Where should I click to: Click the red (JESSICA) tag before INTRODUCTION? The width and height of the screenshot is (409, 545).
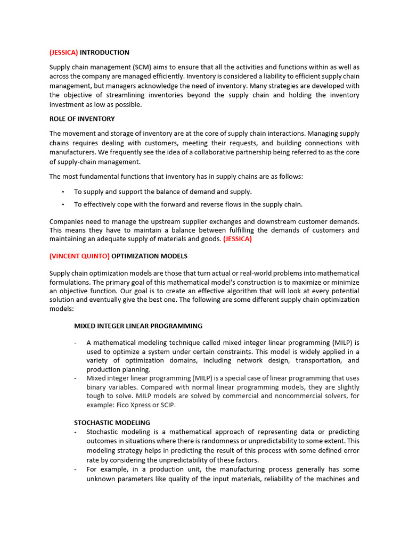click(63, 52)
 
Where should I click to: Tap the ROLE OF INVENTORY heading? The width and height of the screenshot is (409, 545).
click(82, 119)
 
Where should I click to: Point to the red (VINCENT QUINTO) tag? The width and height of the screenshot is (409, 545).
click(79, 256)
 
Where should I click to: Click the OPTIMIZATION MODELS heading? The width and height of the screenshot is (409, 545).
click(149, 256)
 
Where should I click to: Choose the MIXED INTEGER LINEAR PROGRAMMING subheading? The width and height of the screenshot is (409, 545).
click(138, 326)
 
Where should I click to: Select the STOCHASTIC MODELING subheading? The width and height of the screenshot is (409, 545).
click(112, 423)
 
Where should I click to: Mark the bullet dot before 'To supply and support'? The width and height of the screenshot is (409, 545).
click(63, 192)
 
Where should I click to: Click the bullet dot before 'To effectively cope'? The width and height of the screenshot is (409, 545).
click(63, 204)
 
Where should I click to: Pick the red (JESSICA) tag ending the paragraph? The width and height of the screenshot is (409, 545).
click(238, 239)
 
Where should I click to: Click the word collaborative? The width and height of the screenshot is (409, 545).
click(206, 152)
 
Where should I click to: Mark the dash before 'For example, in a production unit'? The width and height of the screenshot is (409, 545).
click(77, 469)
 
